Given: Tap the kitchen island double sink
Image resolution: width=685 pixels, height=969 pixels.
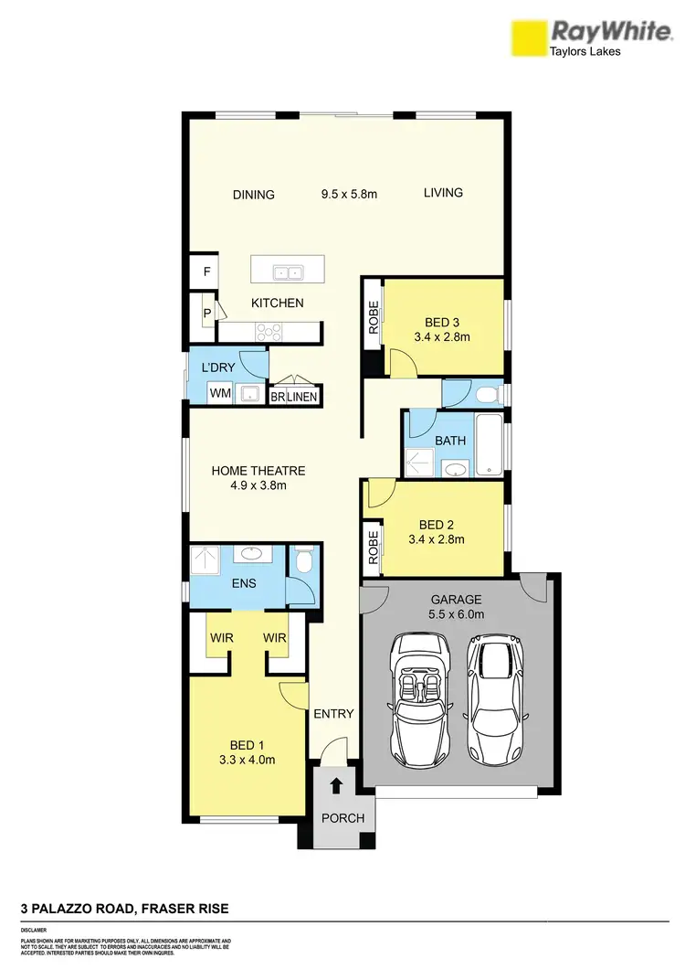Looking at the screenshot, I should point(288,272).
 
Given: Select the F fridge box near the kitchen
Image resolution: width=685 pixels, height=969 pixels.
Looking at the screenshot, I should point(206,272).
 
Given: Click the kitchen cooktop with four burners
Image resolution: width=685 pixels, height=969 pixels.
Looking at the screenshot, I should point(269,331).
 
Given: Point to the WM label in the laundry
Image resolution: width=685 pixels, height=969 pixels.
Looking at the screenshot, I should point(219,393).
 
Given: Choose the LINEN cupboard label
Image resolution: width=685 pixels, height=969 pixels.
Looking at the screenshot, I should point(302,397).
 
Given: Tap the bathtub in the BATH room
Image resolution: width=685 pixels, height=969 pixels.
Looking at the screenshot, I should point(489,445).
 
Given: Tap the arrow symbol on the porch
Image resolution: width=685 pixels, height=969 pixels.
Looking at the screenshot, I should point(336,784).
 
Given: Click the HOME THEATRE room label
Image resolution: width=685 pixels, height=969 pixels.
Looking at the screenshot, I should point(258,471).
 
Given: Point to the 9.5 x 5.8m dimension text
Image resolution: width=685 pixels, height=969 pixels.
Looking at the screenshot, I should point(349,194).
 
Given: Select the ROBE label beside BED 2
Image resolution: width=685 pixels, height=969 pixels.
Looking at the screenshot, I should point(373,546).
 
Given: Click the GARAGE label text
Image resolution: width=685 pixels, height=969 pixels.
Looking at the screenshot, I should point(456,600).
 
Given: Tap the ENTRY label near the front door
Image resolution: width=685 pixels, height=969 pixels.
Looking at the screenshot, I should point(332,714).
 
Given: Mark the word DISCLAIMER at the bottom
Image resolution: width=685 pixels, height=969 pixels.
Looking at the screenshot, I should point(35,929).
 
